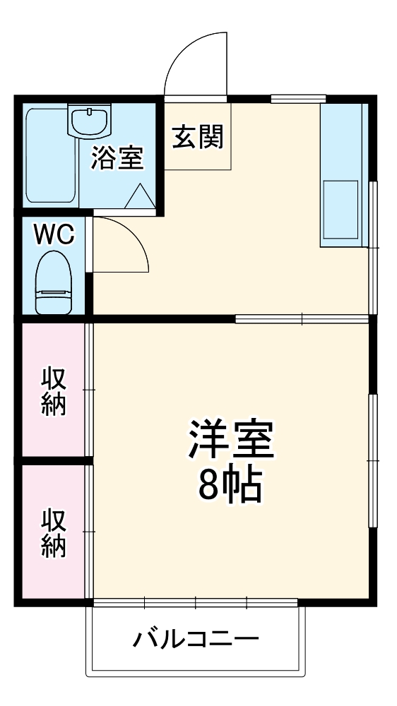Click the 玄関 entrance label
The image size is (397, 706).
tap(197, 137)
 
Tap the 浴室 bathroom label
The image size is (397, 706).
tap(117, 158)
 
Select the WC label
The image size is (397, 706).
tap(53, 235)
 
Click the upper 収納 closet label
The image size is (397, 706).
tap(53, 391)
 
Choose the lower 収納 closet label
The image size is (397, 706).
tap(53, 533)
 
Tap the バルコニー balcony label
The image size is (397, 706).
tap(196, 640)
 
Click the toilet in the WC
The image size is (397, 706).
tap(54, 282)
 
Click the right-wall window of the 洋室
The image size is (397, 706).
tap(372, 460)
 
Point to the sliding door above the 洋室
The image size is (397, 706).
tap(302, 318)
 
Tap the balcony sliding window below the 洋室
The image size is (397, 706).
tap(195, 602)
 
